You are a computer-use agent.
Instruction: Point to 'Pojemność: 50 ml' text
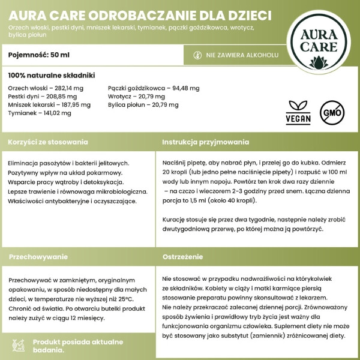pyautogui.click(x=39, y=55)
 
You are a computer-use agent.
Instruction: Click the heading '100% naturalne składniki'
pyautogui.click(x=52, y=76)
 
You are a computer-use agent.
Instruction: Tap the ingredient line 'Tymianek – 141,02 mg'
pyautogui.click(x=40, y=113)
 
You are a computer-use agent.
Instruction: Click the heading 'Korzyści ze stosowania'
pyautogui.click(x=48, y=142)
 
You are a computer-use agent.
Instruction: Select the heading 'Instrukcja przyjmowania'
pyautogui.click(x=206, y=142)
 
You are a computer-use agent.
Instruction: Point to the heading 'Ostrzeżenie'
pyautogui.click(x=183, y=256)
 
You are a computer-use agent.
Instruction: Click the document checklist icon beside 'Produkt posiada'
pyautogui.click(x=19, y=344)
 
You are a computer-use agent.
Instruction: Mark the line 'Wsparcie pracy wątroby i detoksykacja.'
pyautogui.click(x=67, y=182)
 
